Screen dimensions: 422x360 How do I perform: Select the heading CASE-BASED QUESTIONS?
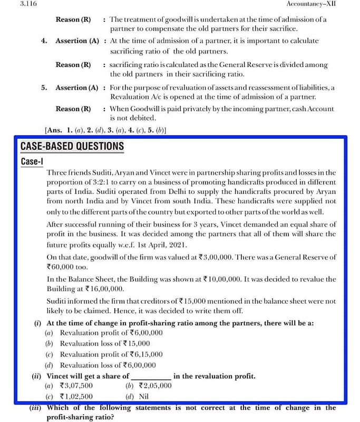click(x=72, y=146)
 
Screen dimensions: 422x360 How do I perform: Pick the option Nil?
click(x=144, y=397)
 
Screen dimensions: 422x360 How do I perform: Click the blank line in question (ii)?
click(x=150, y=377)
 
